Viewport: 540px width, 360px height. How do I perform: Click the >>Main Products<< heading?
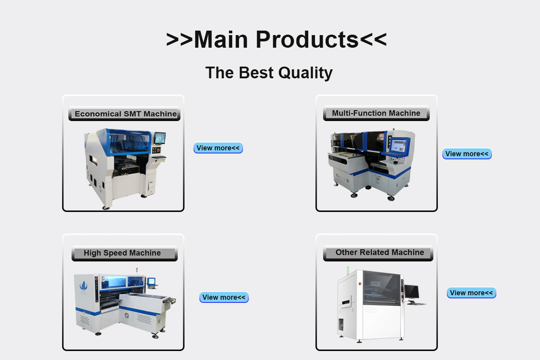pyautogui.click(x=276, y=39)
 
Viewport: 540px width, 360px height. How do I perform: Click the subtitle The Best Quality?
pyautogui.click(x=269, y=72)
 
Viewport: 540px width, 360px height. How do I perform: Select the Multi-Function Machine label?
pyautogui.click(x=376, y=113)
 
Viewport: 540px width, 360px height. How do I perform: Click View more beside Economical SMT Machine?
pyautogui.click(x=218, y=148)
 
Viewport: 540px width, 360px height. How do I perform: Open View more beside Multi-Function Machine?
pyautogui.click(x=467, y=154)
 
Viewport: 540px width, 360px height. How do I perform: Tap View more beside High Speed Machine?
pyautogui.click(x=224, y=297)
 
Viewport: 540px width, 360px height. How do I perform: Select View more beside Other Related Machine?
pyautogui.click(x=472, y=293)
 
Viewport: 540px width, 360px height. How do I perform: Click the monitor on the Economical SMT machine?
pyautogui.click(x=160, y=139)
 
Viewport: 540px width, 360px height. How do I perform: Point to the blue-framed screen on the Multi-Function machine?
pyautogui.click(x=400, y=146)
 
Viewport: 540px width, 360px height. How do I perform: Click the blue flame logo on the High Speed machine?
pyautogui.click(x=83, y=285)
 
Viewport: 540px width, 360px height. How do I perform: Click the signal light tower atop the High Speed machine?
pyautogui.click(x=137, y=270)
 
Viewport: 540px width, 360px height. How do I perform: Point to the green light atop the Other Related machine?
pyautogui.click(x=348, y=270)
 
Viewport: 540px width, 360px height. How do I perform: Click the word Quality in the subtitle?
pyautogui.click(x=306, y=73)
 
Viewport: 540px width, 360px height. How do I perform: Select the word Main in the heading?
pyautogui.click(x=221, y=40)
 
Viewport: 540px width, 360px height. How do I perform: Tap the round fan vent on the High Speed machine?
pyautogui.click(x=127, y=315)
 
